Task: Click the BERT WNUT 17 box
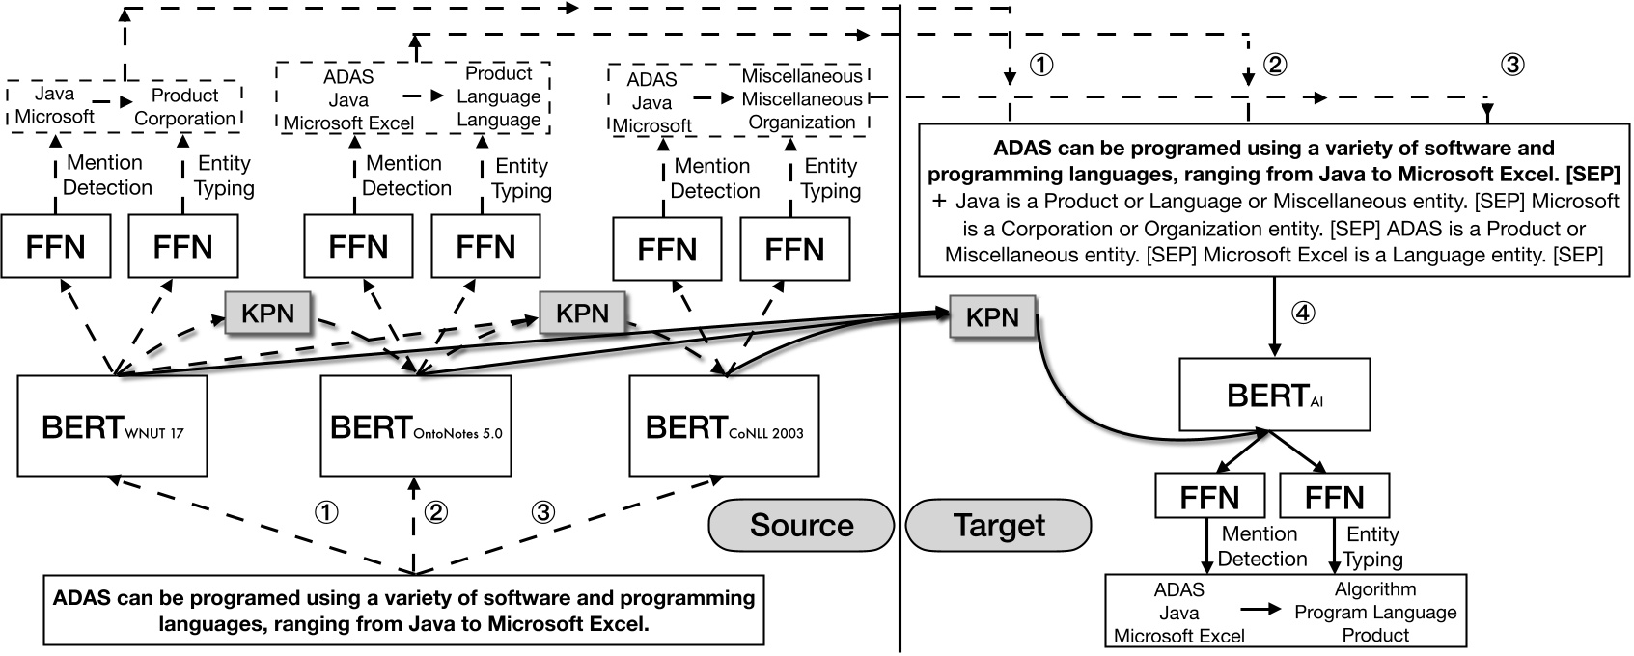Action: click(x=113, y=425)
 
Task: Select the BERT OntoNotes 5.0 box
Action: click(x=415, y=425)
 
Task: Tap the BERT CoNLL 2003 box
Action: click(x=724, y=425)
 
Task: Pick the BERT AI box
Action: click(x=1274, y=395)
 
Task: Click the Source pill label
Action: click(x=801, y=525)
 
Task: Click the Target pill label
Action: click(x=999, y=525)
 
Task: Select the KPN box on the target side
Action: click(x=992, y=317)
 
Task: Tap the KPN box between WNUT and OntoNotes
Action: click(x=267, y=312)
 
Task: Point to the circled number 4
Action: click(x=1303, y=313)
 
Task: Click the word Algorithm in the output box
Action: click(x=1375, y=588)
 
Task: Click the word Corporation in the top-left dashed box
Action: click(x=184, y=119)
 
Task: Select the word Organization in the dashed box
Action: click(x=801, y=123)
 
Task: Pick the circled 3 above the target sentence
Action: click(x=1512, y=66)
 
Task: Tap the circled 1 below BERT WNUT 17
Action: click(x=327, y=512)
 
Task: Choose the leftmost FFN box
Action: click(x=55, y=247)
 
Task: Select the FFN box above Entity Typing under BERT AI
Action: click(x=1334, y=498)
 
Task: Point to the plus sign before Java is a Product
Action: click(x=939, y=202)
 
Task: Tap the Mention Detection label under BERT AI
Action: click(x=1260, y=546)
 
